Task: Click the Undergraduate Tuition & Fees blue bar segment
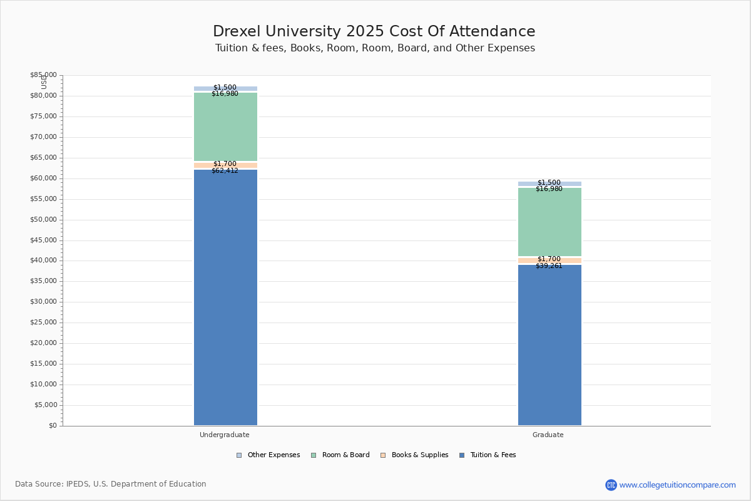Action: click(x=225, y=297)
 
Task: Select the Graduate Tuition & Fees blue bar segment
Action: click(x=549, y=344)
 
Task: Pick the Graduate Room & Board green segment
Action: click(x=549, y=222)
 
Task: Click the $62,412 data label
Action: click(x=225, y=170)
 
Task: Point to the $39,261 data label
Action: click(x=549, y=266)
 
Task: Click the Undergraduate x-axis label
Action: click(x=225, y=435)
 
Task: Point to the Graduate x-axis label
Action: click(x=548, y=435)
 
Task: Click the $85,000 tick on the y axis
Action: click(x=43, y=75)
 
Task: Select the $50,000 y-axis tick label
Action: click(x=43, y=220)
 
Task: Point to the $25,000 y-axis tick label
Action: click(x=43, y=323)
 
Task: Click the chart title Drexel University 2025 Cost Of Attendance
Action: click(x=374, y=31)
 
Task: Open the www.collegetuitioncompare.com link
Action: click(x=677, y=485)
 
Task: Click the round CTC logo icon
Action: click(x=611, y=485)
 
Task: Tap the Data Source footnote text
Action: click(x=111, y=484)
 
